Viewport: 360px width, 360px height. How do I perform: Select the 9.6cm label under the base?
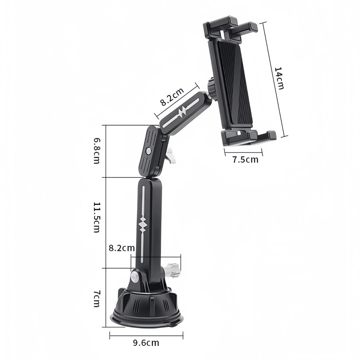(x=146, y=343)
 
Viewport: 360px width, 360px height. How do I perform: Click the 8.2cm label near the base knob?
(x=122, y=248)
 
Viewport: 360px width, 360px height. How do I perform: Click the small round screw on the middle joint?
(x=148, y=151)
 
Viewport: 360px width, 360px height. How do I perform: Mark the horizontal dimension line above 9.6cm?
(x=146, y=335)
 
